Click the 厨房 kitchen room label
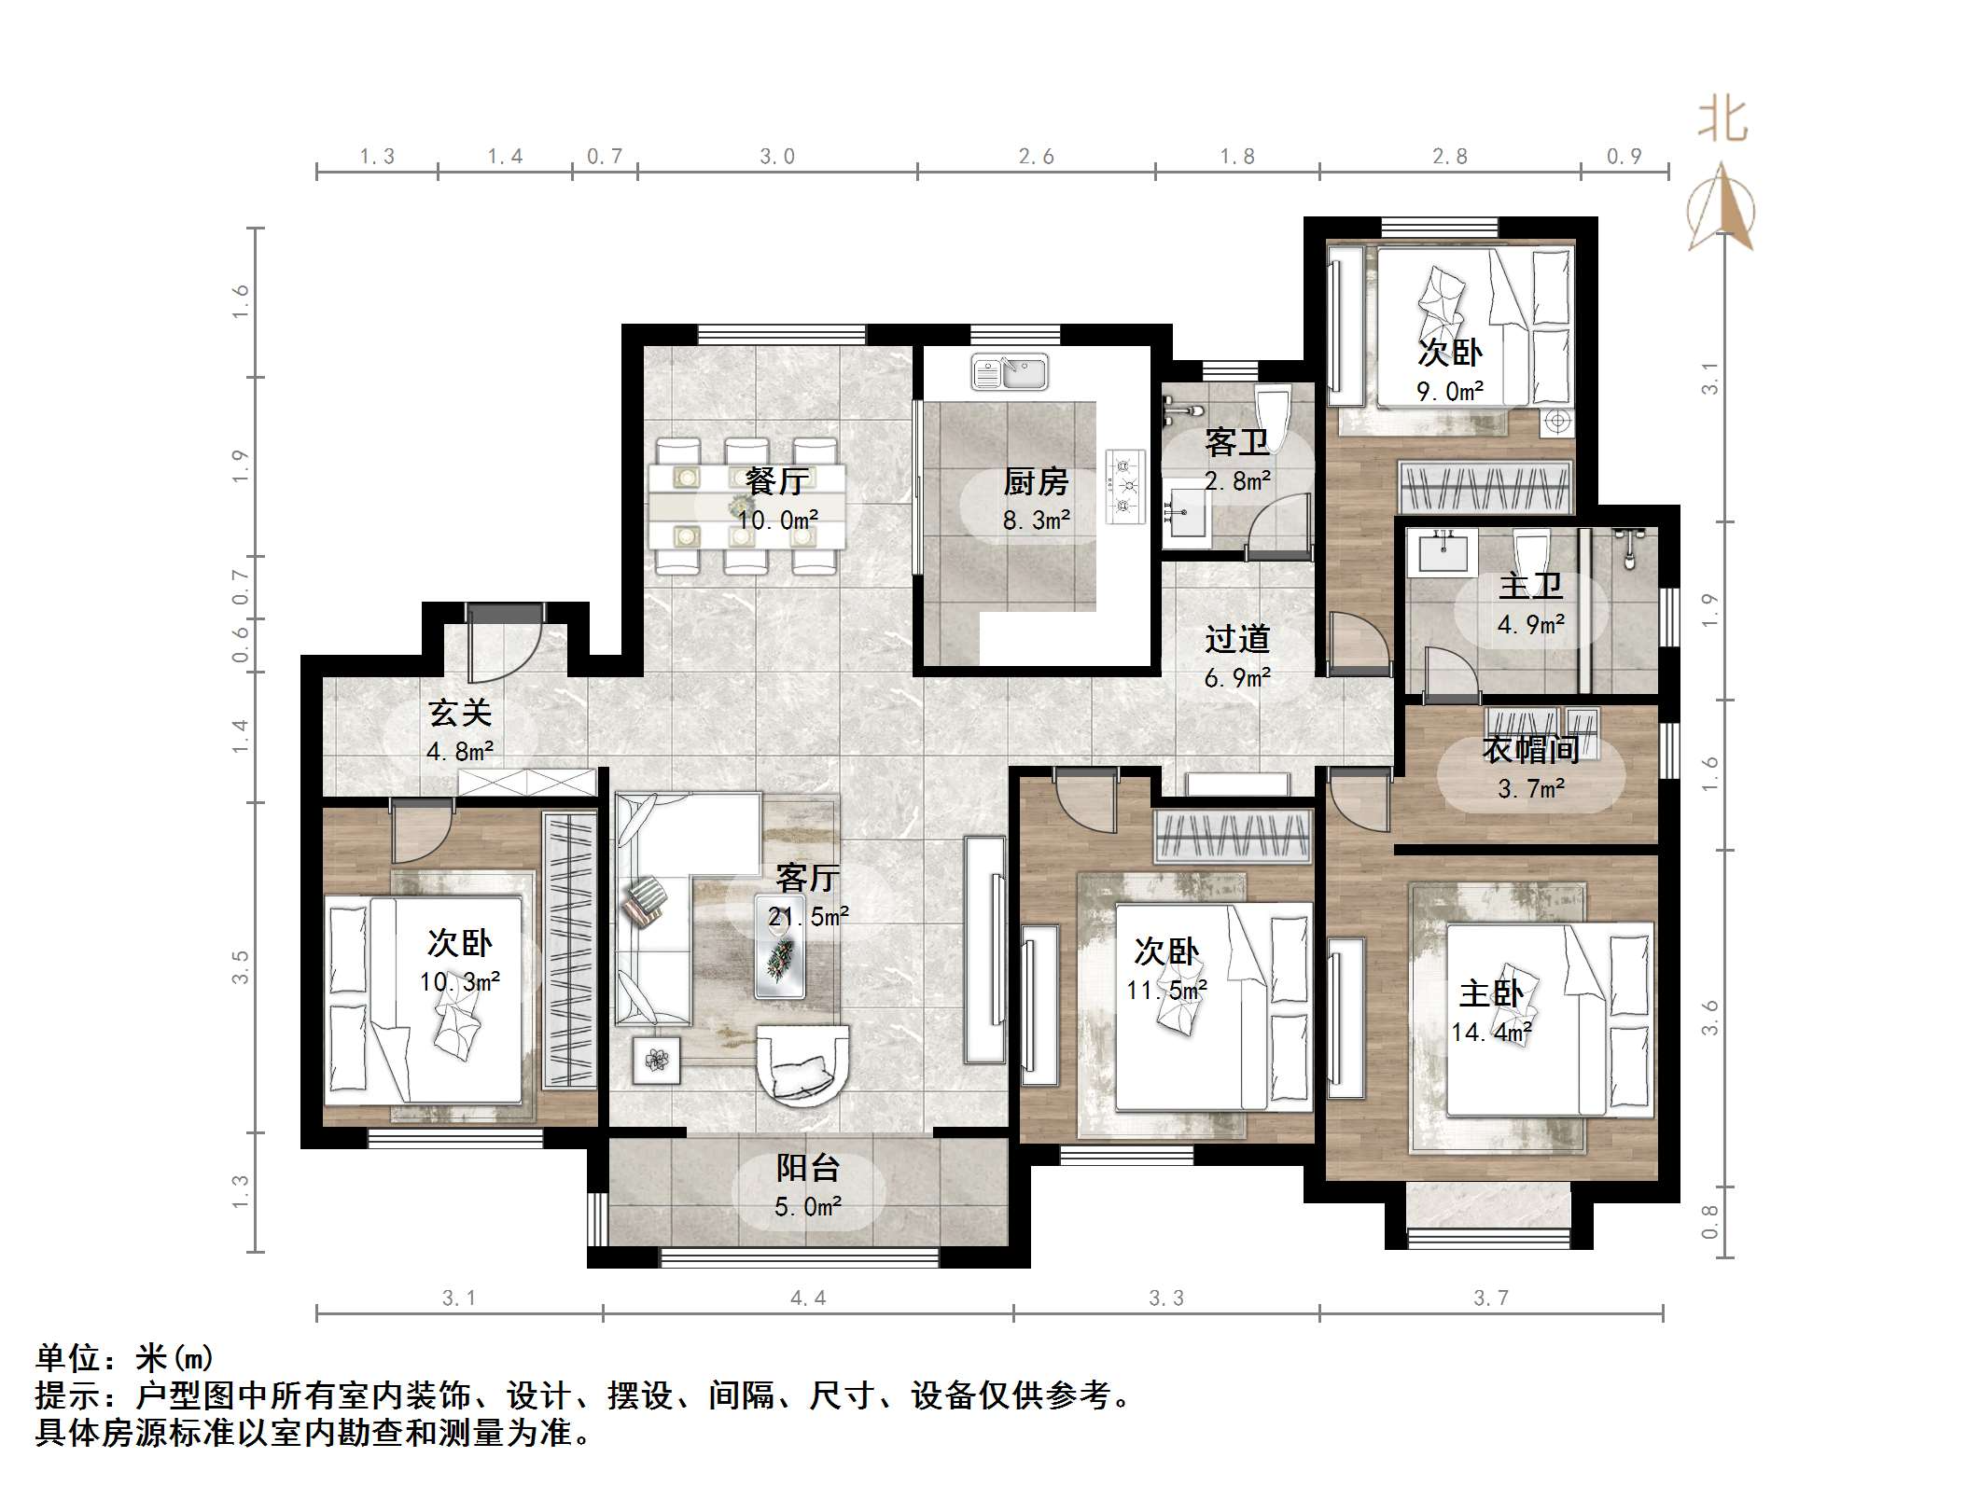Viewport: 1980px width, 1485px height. click(1035, 482)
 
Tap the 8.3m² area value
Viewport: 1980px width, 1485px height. click(1035, 520)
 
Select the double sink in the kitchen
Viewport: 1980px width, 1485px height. click(1009, 372)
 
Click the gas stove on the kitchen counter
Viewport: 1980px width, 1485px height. click(1124, 486)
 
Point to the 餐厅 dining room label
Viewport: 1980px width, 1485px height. click(776, 481)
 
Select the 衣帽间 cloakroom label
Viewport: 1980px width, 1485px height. click(1530, 749)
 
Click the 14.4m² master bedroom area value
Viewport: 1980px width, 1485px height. click(1490, 1033)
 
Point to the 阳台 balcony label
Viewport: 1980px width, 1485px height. click(808, 1168)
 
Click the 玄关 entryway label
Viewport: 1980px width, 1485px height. click(459, 714)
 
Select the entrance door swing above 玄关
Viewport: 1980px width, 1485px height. click(505, 644)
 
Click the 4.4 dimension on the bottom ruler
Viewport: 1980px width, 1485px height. click(807, 1298)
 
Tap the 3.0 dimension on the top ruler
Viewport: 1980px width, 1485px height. click(776, 157)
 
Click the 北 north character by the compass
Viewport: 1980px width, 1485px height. click(1722, 121)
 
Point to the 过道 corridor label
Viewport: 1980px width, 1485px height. click(1237, 640)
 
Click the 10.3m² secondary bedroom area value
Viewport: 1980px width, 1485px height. click(459, 982)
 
